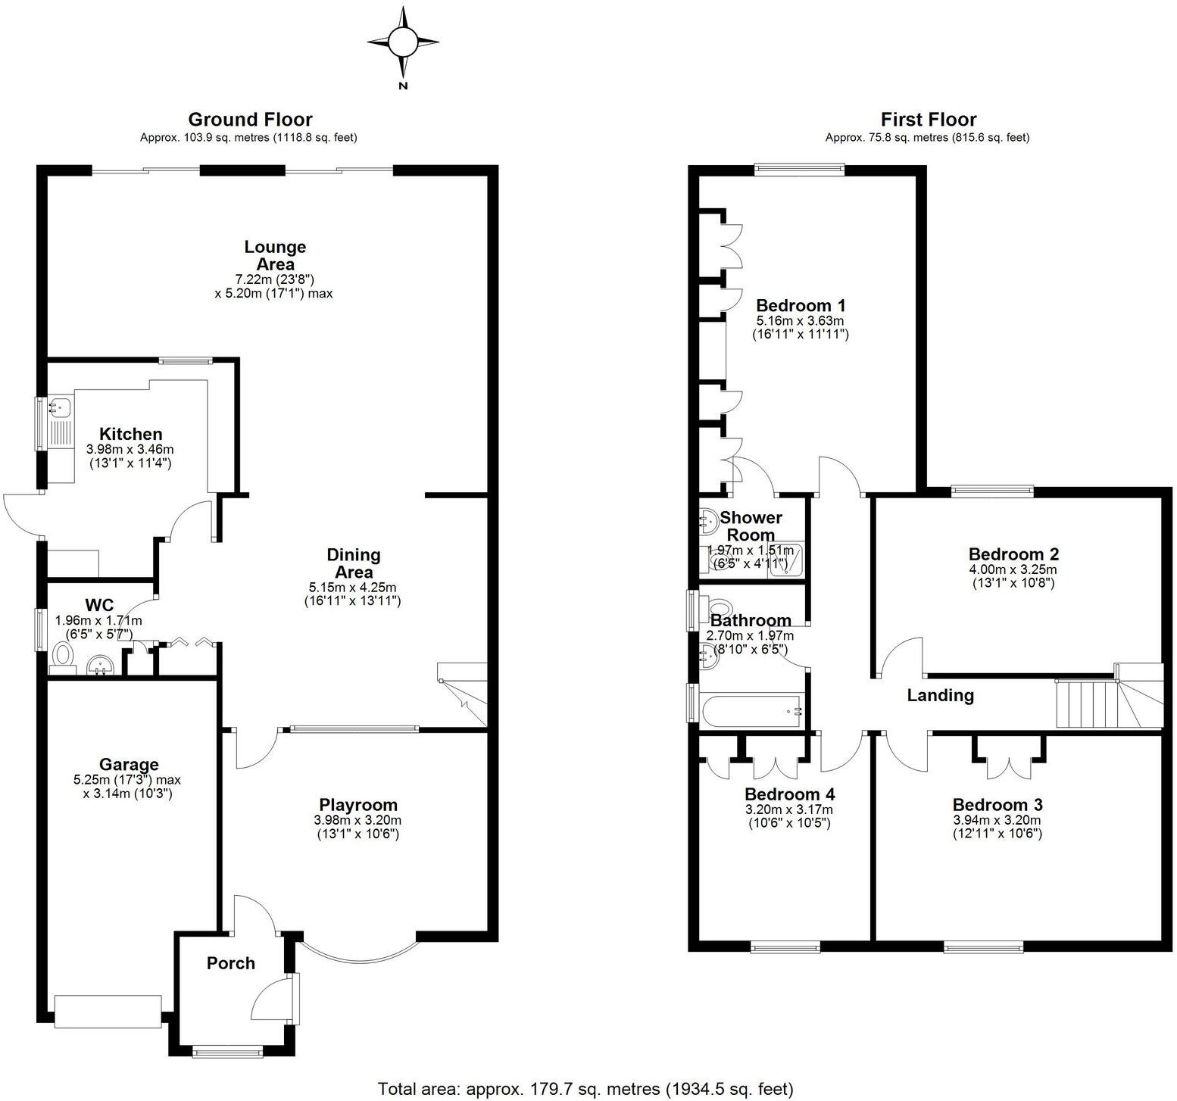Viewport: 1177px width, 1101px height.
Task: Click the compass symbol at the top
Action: [403, 43]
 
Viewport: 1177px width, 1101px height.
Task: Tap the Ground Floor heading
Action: [250, 120]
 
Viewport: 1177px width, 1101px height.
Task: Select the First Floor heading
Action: [928, 120]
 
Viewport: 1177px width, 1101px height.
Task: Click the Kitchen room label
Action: [131, 434]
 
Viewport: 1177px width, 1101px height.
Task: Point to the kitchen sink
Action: [59, 408]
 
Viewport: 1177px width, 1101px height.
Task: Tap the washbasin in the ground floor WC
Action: [100, 664]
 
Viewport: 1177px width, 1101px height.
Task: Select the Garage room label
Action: [128, 765]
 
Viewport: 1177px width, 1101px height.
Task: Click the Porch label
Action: [231, 963]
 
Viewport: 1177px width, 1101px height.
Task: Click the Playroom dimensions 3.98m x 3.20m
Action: [357, 820]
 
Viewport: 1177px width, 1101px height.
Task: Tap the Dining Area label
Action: [354, 563]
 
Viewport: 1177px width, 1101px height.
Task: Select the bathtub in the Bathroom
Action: [751, 712]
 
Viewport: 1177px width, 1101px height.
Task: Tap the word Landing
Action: [940, 695]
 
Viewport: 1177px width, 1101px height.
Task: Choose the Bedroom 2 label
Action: [1013, 554]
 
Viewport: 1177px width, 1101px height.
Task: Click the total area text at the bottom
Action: [585, 1089]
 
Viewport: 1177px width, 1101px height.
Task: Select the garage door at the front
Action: [108, 1012]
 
